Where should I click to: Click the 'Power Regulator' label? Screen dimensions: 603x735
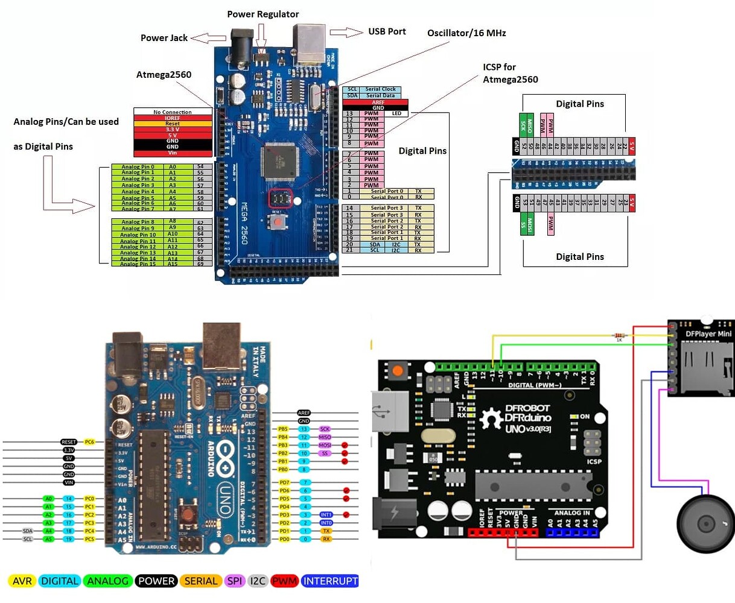[262, 14]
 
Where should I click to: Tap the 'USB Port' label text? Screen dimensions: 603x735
[387, 31]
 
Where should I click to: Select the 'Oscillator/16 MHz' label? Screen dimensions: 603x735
[466, 33]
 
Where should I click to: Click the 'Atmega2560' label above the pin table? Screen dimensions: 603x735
[164, 75]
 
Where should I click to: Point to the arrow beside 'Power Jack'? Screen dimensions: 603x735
[208, 38]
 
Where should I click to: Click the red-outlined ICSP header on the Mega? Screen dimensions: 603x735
[280, 198]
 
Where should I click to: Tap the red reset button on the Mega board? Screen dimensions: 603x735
[278, 222]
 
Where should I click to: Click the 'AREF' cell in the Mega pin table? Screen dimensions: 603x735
[378, 103]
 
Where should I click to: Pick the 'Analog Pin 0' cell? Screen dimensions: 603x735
[138, 166]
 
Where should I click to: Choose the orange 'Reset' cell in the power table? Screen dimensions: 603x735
[173, 124]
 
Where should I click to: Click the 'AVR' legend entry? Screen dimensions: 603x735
[22, 581]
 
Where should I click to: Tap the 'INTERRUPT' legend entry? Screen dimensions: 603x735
[329, 581]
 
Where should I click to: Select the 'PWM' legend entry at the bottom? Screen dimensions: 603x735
[284, 581]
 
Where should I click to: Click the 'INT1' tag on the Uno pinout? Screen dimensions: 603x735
[326, 515]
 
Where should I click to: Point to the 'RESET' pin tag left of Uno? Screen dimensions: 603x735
[69, 442]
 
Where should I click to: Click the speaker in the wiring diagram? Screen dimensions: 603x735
[705, 523]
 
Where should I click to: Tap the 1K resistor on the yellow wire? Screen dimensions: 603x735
[619, 336]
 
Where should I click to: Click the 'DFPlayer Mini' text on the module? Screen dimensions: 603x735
[708, 333]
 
